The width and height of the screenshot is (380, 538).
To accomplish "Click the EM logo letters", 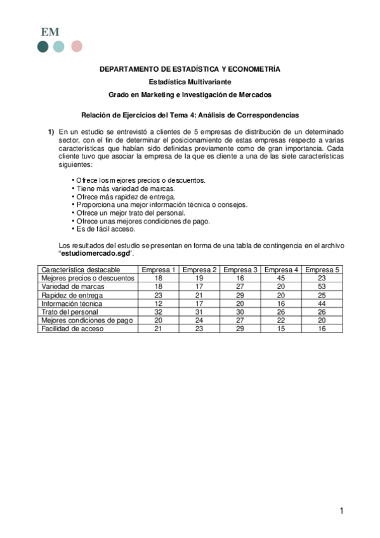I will coord(50,32).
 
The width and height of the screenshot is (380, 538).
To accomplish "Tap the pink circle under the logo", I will coord(77,46).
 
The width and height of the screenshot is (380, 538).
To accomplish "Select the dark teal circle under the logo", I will coord(43,46).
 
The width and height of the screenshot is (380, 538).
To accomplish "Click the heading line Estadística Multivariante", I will coord(190,81).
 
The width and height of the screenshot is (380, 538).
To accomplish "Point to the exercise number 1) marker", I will coord(51,131).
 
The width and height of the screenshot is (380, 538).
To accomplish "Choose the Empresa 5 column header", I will coord(322,270).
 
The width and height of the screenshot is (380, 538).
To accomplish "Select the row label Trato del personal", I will coord(70,312).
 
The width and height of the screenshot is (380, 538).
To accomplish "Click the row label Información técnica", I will coord(71,304).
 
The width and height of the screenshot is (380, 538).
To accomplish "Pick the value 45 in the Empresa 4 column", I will coord(281,278).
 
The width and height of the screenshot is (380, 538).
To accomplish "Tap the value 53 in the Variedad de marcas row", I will coord(322,287).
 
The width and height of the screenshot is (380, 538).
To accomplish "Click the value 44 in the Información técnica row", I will coord(322,304).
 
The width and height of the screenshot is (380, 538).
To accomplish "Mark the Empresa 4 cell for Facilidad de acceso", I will coord(281,329).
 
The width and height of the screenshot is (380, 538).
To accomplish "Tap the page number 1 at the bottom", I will coord(341,511).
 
